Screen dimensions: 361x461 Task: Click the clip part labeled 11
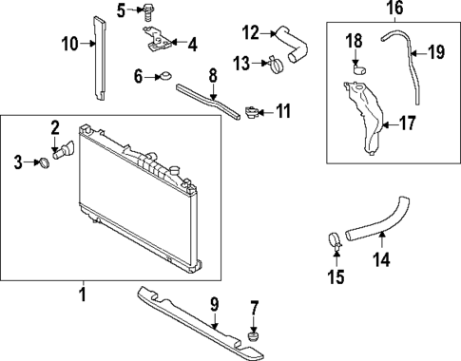pos(252,113)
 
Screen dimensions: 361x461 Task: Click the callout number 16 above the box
pos(395,9)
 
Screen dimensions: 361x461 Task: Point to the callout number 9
pos(214,304)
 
